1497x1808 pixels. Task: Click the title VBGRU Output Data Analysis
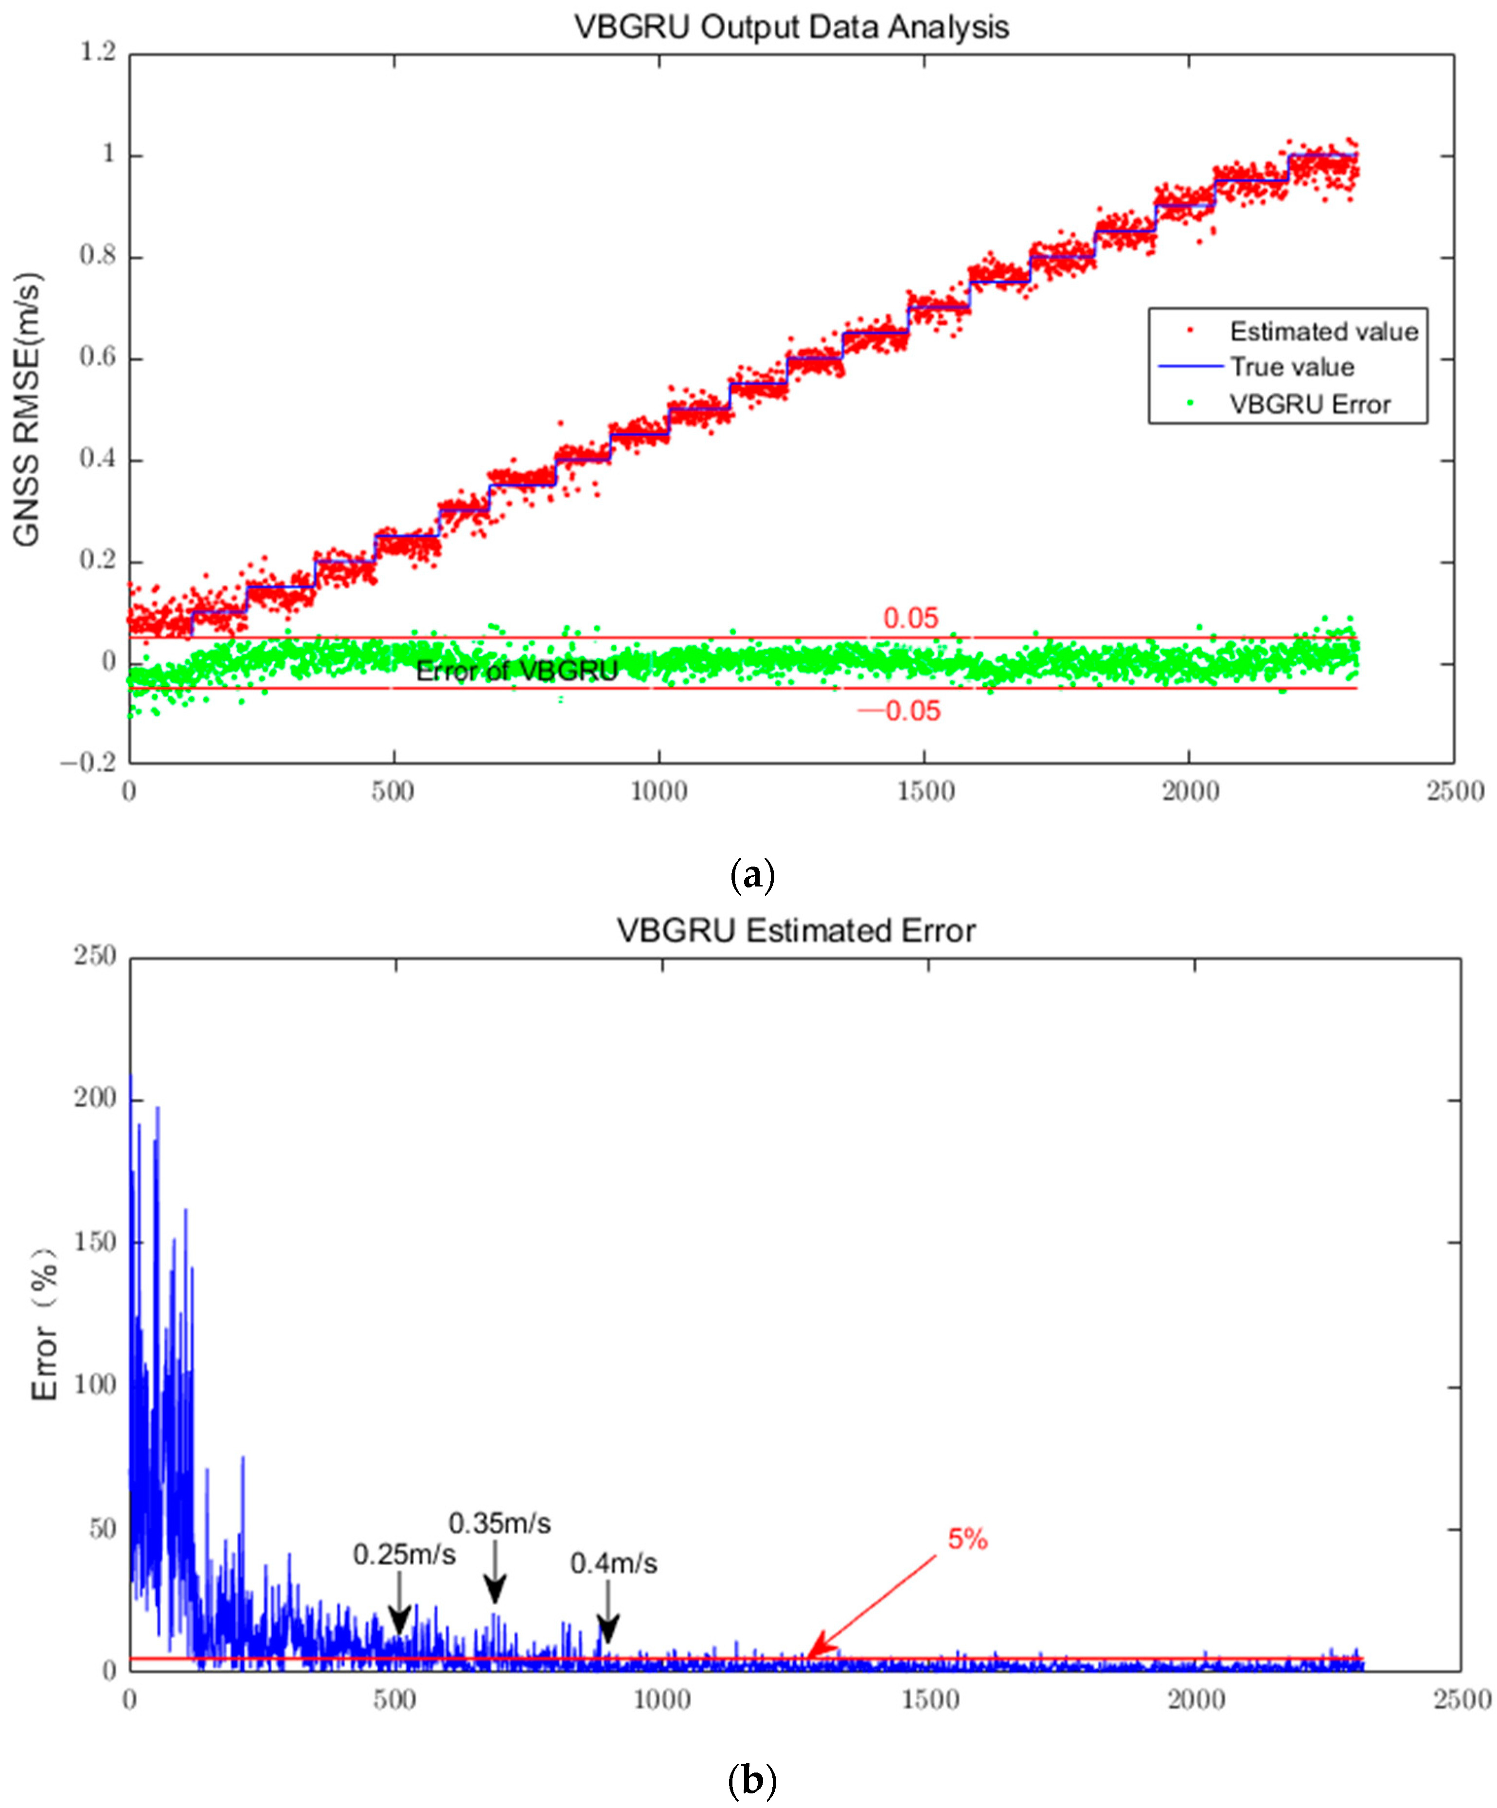point(791,28)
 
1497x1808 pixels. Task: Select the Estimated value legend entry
point(1322,332)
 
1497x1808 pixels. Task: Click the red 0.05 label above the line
point(910,618)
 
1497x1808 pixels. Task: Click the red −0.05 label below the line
point(900,711)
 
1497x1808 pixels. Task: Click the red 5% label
point(967,1539)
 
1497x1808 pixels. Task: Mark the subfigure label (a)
point(751,876)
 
